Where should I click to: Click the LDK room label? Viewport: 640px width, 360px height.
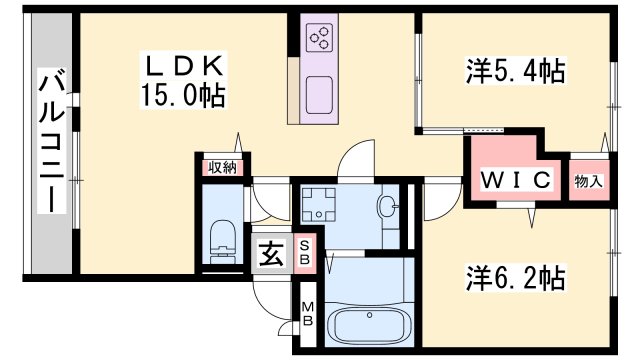184,65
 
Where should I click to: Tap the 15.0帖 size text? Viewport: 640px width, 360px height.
183,95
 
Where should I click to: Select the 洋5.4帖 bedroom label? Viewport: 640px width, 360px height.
516,71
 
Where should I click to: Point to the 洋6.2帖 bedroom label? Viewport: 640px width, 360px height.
516,278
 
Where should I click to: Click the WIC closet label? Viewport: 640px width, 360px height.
516,179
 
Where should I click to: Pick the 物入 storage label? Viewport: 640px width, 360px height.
589,181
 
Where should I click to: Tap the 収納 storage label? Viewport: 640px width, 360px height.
222,167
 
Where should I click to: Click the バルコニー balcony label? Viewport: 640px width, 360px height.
52,141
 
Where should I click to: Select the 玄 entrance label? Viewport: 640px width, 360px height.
271,254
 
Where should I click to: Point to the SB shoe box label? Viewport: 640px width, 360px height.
305,253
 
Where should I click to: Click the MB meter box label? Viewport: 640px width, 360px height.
307,314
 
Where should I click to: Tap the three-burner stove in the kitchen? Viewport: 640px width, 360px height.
320,38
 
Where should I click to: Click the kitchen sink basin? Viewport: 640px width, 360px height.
319,95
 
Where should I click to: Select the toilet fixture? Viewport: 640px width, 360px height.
223,242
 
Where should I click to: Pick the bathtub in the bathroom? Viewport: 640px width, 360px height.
369,322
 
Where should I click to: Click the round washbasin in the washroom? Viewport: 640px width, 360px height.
388,204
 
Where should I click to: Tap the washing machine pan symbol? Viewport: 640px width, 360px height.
318,204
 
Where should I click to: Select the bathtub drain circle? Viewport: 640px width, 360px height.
369,315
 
